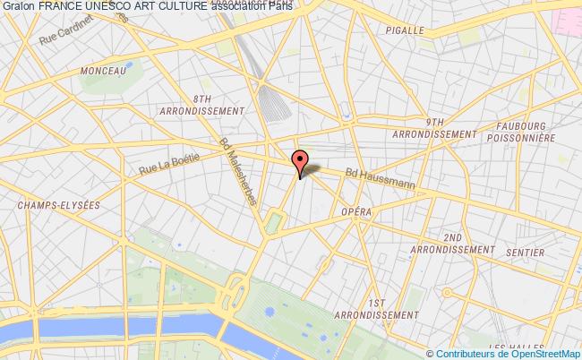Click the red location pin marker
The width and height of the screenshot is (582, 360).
pyautogui.click(x=300, y=159)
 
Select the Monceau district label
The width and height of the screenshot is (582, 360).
pyautogui.click(x=102, y=70)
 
